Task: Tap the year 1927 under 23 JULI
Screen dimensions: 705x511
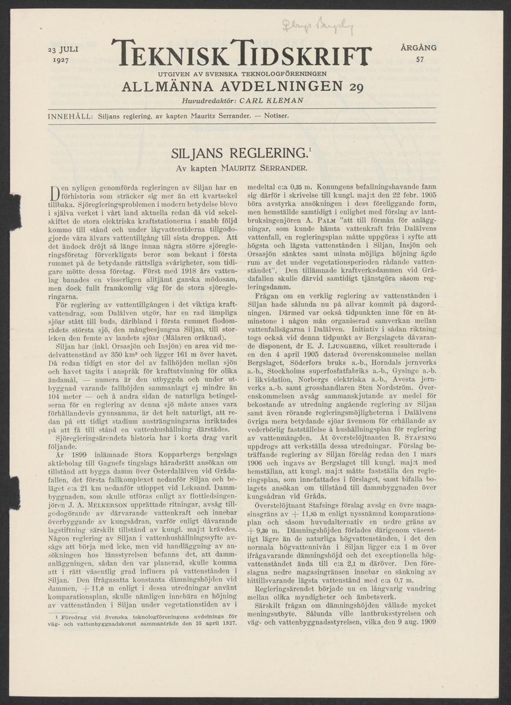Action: point(61,60)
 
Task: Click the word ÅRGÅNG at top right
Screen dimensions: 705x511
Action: point(418,48)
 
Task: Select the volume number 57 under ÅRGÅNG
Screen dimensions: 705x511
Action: point(419,59)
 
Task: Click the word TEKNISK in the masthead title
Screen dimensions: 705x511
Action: point(168,54)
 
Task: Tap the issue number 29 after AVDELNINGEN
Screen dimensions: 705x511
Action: point(355,88)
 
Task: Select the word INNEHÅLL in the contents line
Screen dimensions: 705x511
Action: point(69,116)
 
